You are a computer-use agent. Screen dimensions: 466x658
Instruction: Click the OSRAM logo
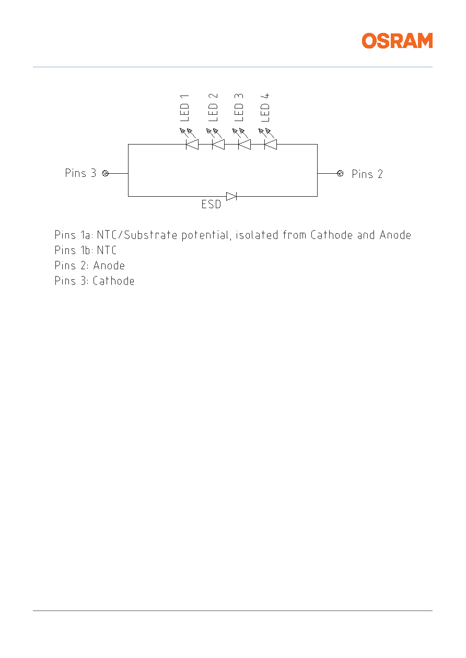click(397, 41)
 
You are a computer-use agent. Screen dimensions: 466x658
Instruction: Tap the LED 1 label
click(184, 108)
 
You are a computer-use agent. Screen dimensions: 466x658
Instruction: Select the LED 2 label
click(213, 107)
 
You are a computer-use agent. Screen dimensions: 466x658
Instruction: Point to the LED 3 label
click(239, 107)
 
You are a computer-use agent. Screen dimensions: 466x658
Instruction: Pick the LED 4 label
click(265, 107)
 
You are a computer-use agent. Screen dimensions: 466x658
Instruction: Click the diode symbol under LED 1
click(192, 144)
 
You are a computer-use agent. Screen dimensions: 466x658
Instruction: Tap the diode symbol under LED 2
click(218, 144)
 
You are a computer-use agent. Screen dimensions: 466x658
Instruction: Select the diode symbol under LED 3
click(244, 144)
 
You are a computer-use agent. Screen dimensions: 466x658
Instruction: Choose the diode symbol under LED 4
click(271, 144)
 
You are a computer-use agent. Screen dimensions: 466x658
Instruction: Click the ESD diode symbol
click(231, 196)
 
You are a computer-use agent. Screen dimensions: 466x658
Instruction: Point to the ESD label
click(211, 204)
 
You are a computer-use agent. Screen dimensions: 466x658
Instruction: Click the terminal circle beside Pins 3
click(105, 173)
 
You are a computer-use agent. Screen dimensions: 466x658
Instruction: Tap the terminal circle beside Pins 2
click(340, 173)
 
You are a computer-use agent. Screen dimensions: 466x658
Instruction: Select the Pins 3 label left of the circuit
click(80, 173)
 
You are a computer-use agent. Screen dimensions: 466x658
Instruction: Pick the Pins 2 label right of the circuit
click(367, 174)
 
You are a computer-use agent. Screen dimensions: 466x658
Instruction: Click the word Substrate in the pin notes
click(150, 235)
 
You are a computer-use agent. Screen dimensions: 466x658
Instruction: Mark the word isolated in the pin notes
click(257, 235)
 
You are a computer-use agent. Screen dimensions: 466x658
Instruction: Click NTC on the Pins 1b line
click(107, 250)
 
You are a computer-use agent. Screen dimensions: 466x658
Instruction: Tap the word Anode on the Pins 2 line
click(109, 266)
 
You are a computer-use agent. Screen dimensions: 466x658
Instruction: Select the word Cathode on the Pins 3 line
click(113, 281)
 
